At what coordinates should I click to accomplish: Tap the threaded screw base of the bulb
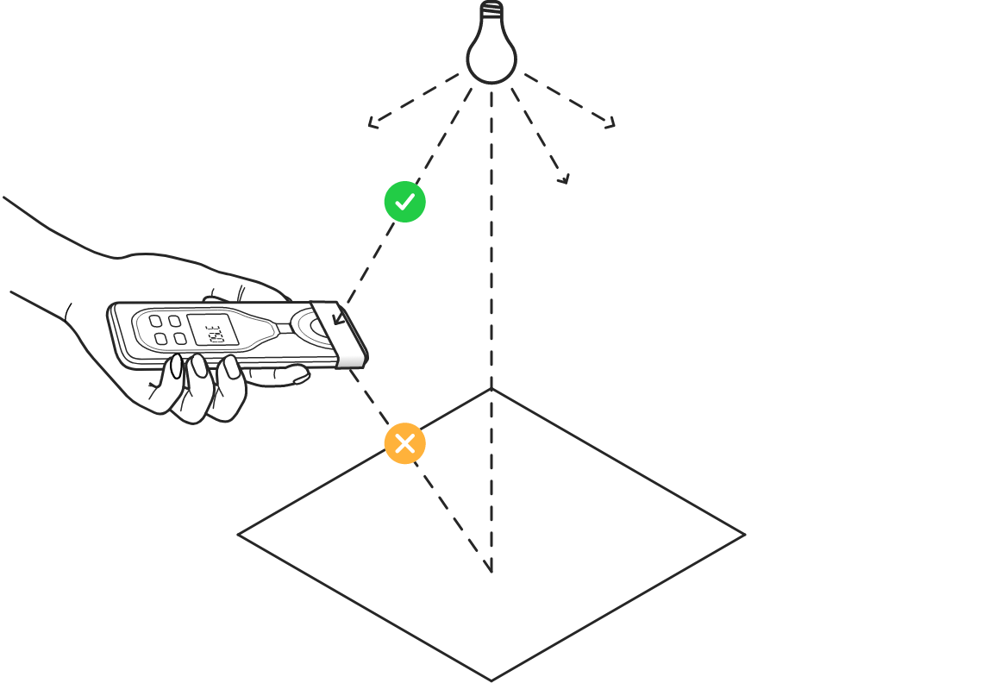coord(491,11)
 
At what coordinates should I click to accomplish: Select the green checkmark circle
coord(404,202)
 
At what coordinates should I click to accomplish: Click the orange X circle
coord(404,443)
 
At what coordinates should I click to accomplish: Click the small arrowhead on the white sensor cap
coord(338,320)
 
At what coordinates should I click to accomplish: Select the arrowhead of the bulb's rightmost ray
coord(610,125)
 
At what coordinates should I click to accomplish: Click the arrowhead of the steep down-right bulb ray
coord(565,179)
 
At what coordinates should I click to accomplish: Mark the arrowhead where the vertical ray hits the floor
coord(491,567)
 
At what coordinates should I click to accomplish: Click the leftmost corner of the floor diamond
coord(239,535)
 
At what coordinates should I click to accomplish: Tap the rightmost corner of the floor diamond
coord(744,535)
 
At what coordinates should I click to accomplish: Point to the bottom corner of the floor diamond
coord(491,680)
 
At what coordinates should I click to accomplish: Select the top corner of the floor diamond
coord(491,390)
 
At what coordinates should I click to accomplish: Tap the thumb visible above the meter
coord(250,289)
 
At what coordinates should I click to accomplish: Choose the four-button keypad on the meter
coord(167,329)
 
